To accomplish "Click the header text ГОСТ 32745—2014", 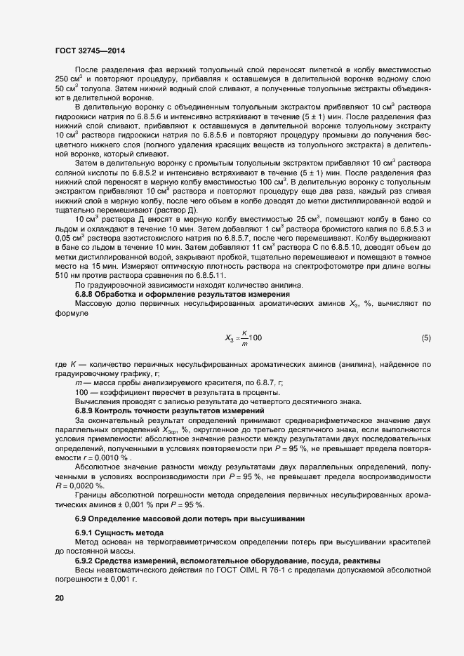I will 91,50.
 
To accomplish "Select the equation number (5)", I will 426,338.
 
